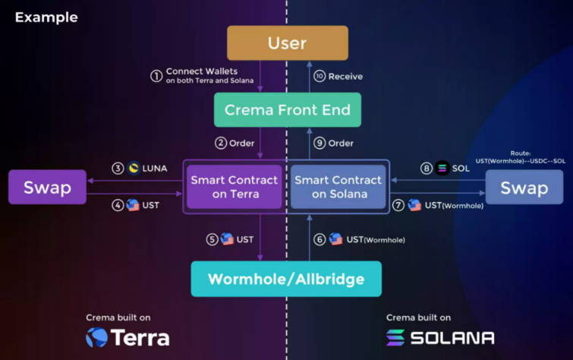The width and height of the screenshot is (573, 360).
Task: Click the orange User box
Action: (287, 43)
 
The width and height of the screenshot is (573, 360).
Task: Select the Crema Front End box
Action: (288, 110)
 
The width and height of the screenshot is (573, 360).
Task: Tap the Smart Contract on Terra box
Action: (235, 187)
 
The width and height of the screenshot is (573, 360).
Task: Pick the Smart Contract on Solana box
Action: (338, 187)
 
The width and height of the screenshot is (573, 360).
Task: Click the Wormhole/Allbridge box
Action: (286, 279)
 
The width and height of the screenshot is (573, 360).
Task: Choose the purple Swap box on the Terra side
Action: (48, 187)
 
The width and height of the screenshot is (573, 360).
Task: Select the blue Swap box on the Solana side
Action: (524, 187)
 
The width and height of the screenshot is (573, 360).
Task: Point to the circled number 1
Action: (156, 76)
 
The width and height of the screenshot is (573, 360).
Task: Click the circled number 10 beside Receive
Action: (320, 76)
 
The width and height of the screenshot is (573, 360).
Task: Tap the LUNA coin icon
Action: (134, 168)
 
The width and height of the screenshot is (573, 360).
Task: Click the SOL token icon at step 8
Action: (442, 169)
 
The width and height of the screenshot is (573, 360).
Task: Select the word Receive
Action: (345, 77)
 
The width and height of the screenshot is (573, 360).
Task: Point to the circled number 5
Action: (213, 240)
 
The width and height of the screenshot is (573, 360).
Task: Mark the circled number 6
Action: (320, 240)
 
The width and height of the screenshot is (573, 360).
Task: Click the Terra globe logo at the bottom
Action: (97, 337)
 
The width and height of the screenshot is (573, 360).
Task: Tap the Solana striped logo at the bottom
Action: (395, 337)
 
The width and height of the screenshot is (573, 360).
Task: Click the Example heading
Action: (46, 17)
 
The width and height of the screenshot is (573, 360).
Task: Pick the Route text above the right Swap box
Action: (521, 157)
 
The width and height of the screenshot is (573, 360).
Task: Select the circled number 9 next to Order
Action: (320, 143)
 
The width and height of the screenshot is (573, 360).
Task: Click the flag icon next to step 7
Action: (414, 205)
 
